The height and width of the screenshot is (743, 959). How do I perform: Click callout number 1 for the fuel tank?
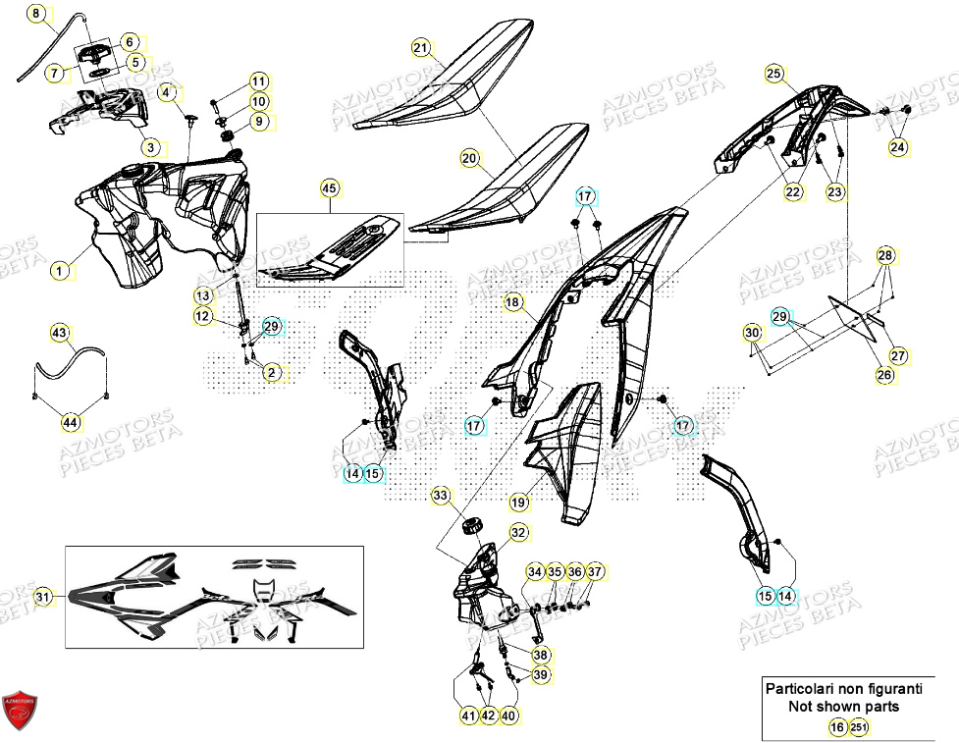click(61, 271)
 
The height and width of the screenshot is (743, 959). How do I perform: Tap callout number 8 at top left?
click(35, 15)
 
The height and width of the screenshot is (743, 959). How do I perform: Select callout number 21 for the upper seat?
click(421, 48)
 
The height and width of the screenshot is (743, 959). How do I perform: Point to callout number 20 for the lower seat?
click(469, 157)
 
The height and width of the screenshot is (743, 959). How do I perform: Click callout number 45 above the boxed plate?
click(329, 187)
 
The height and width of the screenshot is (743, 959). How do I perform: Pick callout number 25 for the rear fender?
click(773, 74)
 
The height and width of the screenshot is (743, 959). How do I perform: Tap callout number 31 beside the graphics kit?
click(41, 596)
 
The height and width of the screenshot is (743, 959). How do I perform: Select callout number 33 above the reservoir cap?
click(439, 496)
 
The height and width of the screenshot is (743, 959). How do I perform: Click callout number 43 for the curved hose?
click(61, 335)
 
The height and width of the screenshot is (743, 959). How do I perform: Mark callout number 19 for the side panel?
click(519, 502)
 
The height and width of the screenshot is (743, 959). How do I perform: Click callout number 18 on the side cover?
click(512, 303)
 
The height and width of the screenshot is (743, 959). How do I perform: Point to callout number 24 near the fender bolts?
click(898, 148)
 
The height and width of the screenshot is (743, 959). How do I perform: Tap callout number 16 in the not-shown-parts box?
click(836, 727)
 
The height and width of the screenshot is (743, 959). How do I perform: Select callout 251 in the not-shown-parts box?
click(859, 727)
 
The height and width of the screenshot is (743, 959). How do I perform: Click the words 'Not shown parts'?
click(830, 706)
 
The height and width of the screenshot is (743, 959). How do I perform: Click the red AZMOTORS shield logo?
click(20, 709)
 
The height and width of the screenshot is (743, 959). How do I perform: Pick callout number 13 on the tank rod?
click(202, 295)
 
